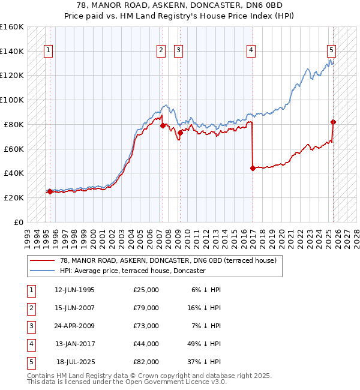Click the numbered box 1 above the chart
click(x=48, y=51)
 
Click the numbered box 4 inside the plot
click(x=251, y=51)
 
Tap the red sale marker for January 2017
click(x=253, y=168)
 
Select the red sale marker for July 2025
click(x=334, y=122)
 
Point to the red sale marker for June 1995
click(x=50, y=192)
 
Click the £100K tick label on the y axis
click(x=12, y=100)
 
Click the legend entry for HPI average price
click(x=133, y=271)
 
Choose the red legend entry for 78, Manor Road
click(x=167, y=260)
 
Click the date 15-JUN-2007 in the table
click(x=74, y=308)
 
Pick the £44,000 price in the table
click(x=146, y=344)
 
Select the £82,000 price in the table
click(x=146, y=362)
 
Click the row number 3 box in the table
click(x=30, y=326)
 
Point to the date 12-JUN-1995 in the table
click(x=74, y=290)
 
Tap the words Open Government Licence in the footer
click(x=166, y=382)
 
